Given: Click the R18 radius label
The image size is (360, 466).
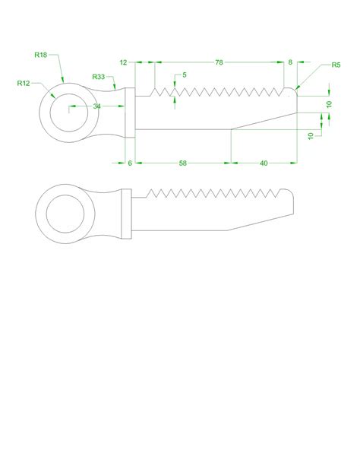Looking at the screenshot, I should [41, 55].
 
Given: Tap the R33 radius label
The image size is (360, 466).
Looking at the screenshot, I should [98, 77].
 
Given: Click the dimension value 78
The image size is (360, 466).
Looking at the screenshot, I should [219, 62].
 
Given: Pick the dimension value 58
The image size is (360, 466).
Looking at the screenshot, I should [183, 163].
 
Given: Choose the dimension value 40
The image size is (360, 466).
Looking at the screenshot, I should [264, 163].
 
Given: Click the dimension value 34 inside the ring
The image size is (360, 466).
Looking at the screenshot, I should [96, 106].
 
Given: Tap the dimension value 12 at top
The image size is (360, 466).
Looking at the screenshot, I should [124, 62].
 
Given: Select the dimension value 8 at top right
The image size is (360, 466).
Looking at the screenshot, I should [290, 62].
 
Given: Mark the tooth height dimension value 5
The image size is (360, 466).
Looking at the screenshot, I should [184, 75].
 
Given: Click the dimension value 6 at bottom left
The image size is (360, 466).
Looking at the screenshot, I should [130, 163].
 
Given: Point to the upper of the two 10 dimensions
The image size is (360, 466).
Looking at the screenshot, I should [329, 103].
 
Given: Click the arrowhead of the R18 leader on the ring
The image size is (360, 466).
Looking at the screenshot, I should [61, 84].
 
